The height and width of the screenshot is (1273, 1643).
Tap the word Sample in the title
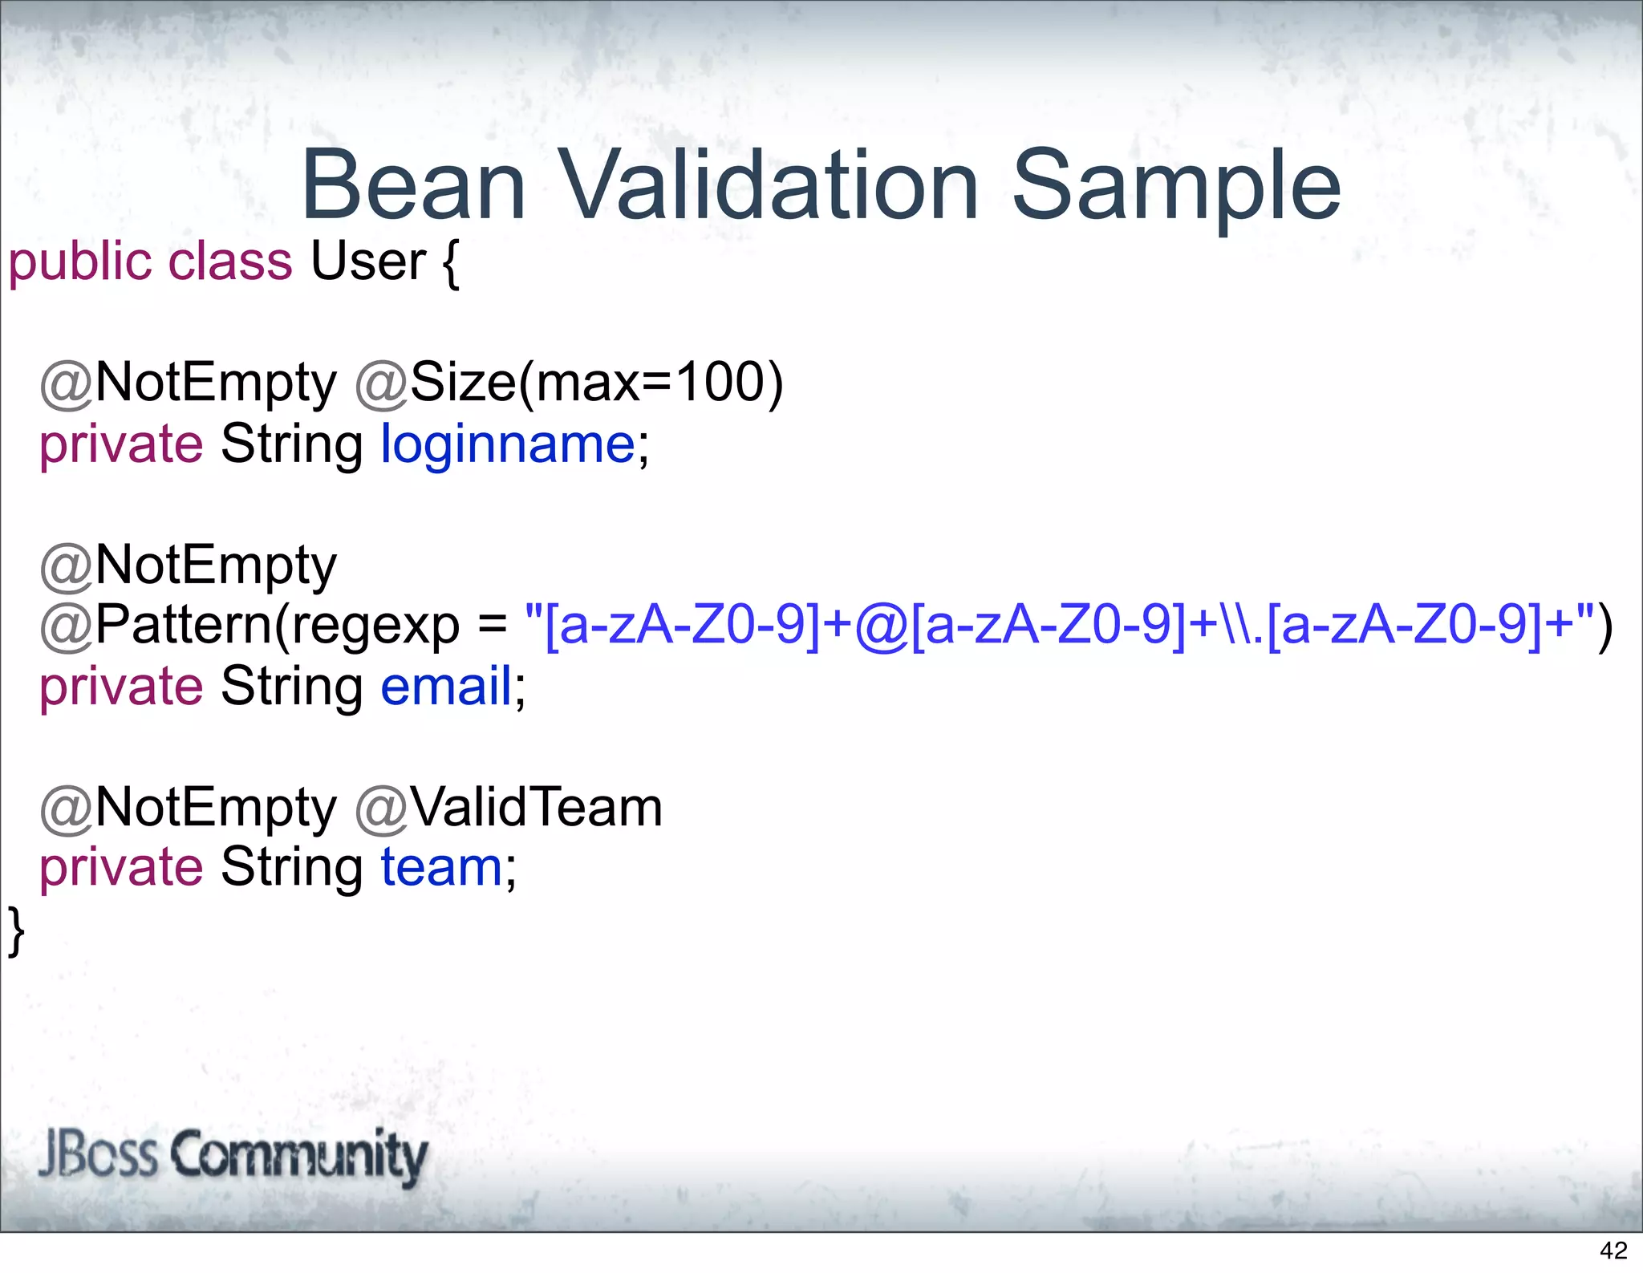(x=1176, y=186)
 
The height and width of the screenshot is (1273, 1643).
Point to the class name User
(x=367, y=261)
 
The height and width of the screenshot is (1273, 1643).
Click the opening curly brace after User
(x=450, y=263)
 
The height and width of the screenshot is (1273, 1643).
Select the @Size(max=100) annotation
(x=569, y=383)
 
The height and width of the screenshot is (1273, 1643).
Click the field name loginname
(x=508, y=444)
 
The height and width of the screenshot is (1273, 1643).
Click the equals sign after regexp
(x=492, y=626)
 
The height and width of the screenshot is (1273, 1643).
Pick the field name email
(x=446, y=687)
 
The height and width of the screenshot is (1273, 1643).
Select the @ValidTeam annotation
(x=509, y=808)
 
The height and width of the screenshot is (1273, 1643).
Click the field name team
(x=441, y=867)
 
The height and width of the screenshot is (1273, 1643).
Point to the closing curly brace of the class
(x=16, y=930)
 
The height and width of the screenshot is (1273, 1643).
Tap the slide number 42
(x=1613, y=1250)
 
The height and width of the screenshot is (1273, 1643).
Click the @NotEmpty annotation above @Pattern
(x=189, y=566)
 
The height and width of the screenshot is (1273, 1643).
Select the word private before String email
(x=121, y=687)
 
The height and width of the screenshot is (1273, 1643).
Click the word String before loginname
(x=291, y=444)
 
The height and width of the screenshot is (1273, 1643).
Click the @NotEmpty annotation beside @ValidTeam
(x=189, y=808)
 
